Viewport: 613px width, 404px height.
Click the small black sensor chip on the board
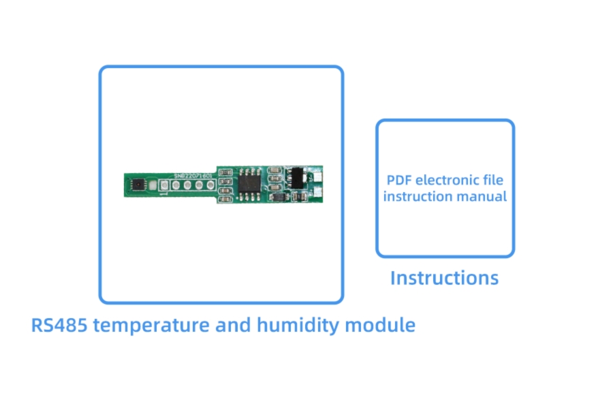139,183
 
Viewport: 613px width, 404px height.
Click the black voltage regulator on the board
296,176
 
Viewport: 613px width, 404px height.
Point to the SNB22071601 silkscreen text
193,175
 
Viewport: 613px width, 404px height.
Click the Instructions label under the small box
444,278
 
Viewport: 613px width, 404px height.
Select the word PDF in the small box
399,181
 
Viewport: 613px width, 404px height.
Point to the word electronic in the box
447,181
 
